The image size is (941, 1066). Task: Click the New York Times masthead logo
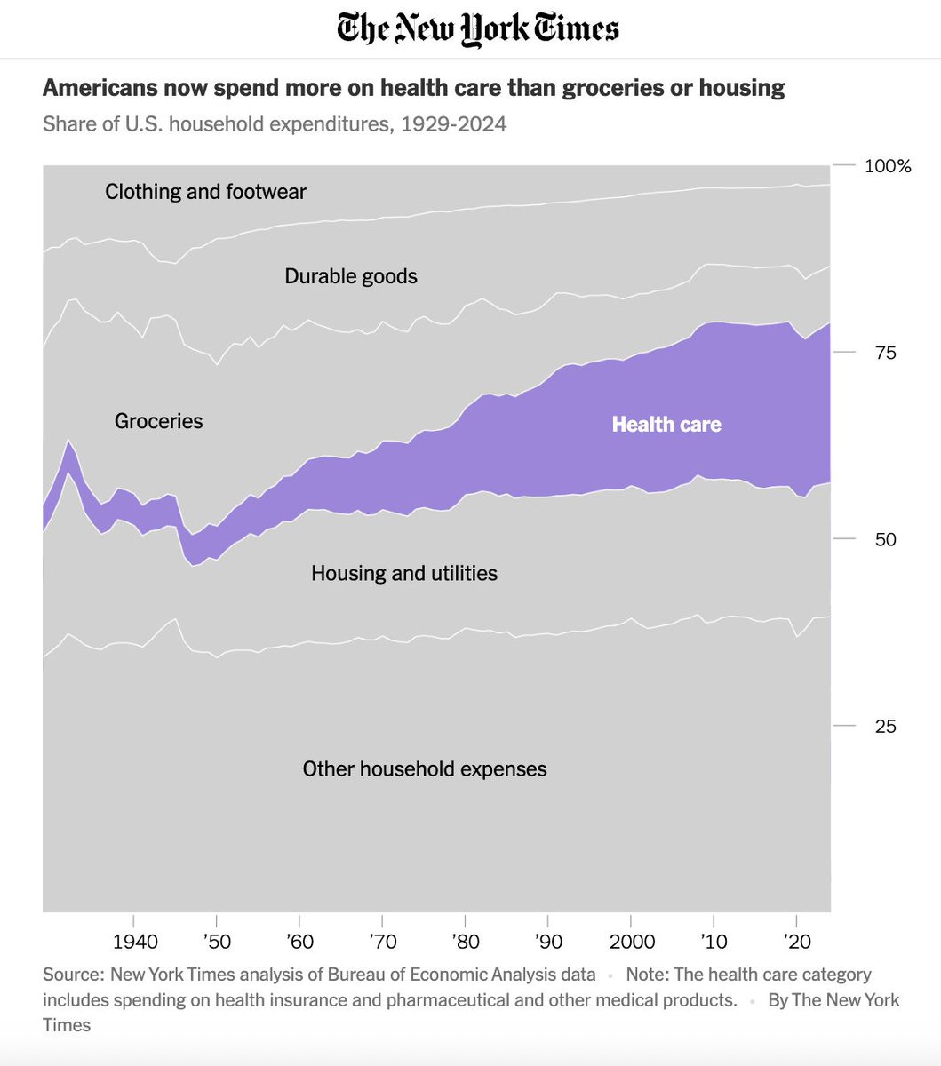tap(478, 29)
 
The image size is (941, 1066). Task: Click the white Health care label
tap(666, 425)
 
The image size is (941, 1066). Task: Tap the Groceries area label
tap(159, 421)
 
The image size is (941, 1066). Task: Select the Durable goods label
tap(351, 276)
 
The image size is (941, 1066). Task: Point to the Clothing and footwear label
tap(205, 192)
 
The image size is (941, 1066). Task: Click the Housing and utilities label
tap(404, 574)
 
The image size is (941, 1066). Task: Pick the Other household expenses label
tap(425, 769)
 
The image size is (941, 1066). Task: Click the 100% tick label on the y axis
tap(888, 166)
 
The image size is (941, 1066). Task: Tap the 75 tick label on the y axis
tap(885, 353)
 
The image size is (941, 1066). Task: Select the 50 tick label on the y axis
tap(885, 540)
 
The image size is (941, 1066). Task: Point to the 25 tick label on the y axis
tap(885, 727)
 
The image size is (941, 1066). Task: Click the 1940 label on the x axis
tap(136, 942)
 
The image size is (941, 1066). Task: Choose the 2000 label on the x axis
tap(631, 942)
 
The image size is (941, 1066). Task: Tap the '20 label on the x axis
tap(797, 942)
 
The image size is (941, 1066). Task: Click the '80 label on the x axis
tap(465, 942)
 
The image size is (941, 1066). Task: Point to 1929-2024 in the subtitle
tap(453, 124)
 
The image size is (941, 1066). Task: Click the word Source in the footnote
tap(72, 975)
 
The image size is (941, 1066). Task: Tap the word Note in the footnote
tap(645, 975)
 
